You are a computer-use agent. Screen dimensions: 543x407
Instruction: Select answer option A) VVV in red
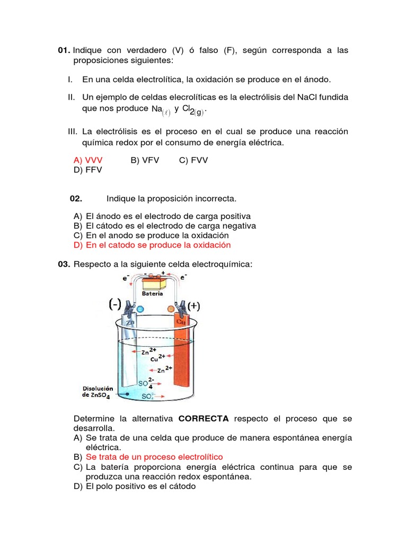88,160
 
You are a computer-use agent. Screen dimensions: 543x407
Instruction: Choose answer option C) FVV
193,160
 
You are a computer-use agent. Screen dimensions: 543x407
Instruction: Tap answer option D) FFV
87,170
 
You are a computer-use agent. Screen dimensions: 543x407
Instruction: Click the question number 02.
76,198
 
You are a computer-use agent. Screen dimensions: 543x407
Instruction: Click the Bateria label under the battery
153,293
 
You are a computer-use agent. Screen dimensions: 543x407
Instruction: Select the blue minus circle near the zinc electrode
140,309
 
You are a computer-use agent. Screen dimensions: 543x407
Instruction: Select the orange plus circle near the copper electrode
171,309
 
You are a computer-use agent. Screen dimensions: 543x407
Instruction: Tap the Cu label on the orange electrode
181,321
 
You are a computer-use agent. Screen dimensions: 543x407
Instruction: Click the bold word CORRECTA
203,418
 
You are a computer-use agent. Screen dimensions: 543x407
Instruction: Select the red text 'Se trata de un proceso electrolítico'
154,457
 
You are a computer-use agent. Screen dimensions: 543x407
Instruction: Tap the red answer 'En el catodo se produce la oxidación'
158,245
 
